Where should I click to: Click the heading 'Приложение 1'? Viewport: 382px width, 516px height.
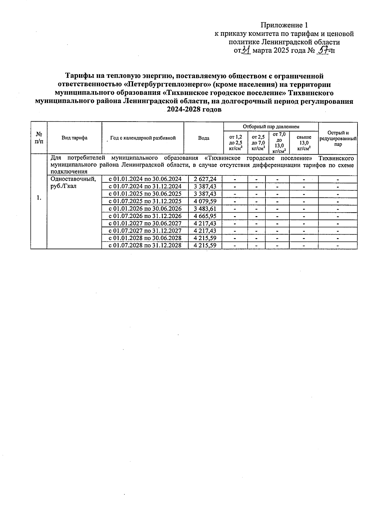click(284, 25)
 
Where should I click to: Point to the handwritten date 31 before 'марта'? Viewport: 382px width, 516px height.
click(246, 50)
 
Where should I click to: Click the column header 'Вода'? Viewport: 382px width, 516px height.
click(204, 138)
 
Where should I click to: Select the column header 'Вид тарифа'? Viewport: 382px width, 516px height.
click(74, 138)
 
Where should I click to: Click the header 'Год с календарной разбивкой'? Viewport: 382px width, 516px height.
click(143, 138)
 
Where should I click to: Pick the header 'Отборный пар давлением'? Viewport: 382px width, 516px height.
click(271, 127)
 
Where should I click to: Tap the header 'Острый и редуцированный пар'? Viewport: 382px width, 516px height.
click(338, 138)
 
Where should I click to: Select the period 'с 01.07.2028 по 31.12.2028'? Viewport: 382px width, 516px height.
click(145, 245)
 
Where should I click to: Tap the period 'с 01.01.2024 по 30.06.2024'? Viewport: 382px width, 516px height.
click(145, 179)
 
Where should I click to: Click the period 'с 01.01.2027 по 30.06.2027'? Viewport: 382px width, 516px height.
click(145, 223)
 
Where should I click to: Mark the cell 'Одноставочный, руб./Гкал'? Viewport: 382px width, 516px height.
click(73, 182)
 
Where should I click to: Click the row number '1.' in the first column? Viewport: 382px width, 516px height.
click(39, 198)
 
